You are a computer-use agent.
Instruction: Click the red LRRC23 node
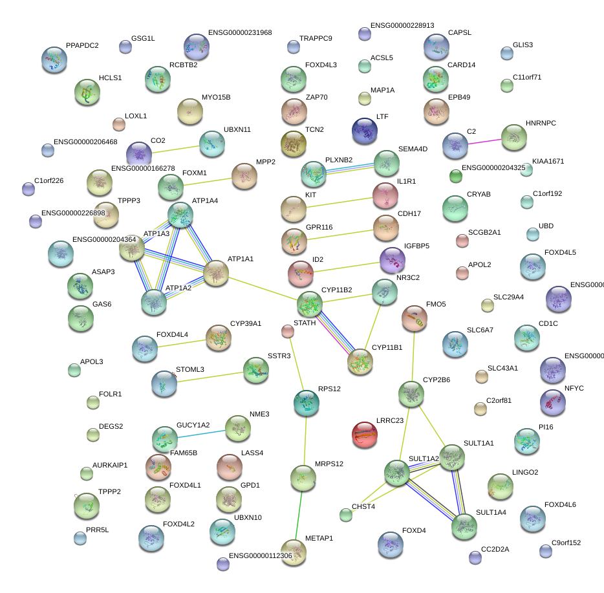tap(364, 435)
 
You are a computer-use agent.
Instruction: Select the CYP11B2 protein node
tap(310, 304)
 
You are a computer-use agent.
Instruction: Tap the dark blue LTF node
tap(364, 131)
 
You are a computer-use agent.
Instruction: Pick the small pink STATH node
tap(288, 332)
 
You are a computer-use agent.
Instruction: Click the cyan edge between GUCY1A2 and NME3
tap(201, 433)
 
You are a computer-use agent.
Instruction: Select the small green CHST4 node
tap(346, 515)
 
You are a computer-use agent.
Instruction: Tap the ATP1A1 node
tap(216, 273)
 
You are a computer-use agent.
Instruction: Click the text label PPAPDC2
tap(82, 46)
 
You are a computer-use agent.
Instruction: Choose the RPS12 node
tap(306, 403)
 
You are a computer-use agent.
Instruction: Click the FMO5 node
tap(414, 318)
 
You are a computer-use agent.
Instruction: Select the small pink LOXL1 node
tap(118, 124)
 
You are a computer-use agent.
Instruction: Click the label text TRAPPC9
tap(316, 39)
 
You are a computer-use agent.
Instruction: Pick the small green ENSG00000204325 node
tap(456, 175)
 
